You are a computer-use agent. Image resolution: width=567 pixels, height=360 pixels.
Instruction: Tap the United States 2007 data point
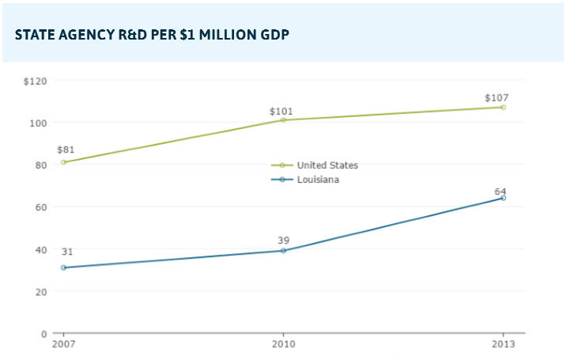[63, 162]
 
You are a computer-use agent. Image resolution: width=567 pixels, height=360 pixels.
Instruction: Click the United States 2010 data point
[283, 120]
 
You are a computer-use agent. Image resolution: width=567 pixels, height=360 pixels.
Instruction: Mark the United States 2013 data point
[503, 107]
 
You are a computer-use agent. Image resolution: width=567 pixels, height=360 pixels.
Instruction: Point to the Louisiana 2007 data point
[63, 267]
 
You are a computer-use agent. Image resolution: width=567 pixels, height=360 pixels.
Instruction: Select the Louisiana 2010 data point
[283, 251]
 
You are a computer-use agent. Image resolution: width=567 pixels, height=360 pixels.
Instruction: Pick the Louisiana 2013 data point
[503, 198]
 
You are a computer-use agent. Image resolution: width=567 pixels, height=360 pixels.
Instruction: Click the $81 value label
[66, 149]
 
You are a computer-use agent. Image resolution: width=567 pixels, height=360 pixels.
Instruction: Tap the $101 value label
[282, 112]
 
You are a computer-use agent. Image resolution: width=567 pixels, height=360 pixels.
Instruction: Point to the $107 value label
[497, 98]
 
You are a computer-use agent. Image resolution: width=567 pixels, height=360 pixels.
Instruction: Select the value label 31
[67, 252]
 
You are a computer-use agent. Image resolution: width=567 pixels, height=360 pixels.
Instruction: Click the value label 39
[283, 240]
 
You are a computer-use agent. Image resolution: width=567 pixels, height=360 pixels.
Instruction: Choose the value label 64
[500, 191]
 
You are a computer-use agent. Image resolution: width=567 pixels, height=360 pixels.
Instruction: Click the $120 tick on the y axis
[36, 81]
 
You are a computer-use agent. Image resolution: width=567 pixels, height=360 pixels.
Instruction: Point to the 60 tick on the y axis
[40, 207]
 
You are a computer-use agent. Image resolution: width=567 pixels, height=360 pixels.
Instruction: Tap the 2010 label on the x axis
[283, 344]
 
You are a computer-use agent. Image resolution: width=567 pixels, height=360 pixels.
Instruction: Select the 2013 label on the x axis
[503, 344]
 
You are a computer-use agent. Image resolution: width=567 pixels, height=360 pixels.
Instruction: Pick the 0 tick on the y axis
[43, 333]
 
